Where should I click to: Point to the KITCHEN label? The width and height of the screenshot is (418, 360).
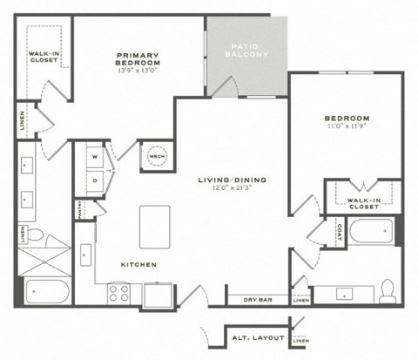click(x=138, y=263)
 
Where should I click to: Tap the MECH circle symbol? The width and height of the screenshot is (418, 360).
click(x=157, y=157)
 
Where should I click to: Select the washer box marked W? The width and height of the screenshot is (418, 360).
click(x=95, y=158)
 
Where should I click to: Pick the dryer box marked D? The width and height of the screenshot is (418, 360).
click(x=95, y=181)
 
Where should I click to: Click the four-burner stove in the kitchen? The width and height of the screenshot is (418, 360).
click(x=118, y=293)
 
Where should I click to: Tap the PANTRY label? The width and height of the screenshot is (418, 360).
click(x=79, y=209)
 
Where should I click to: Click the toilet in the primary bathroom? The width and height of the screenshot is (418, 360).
click(x=34, y=234)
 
